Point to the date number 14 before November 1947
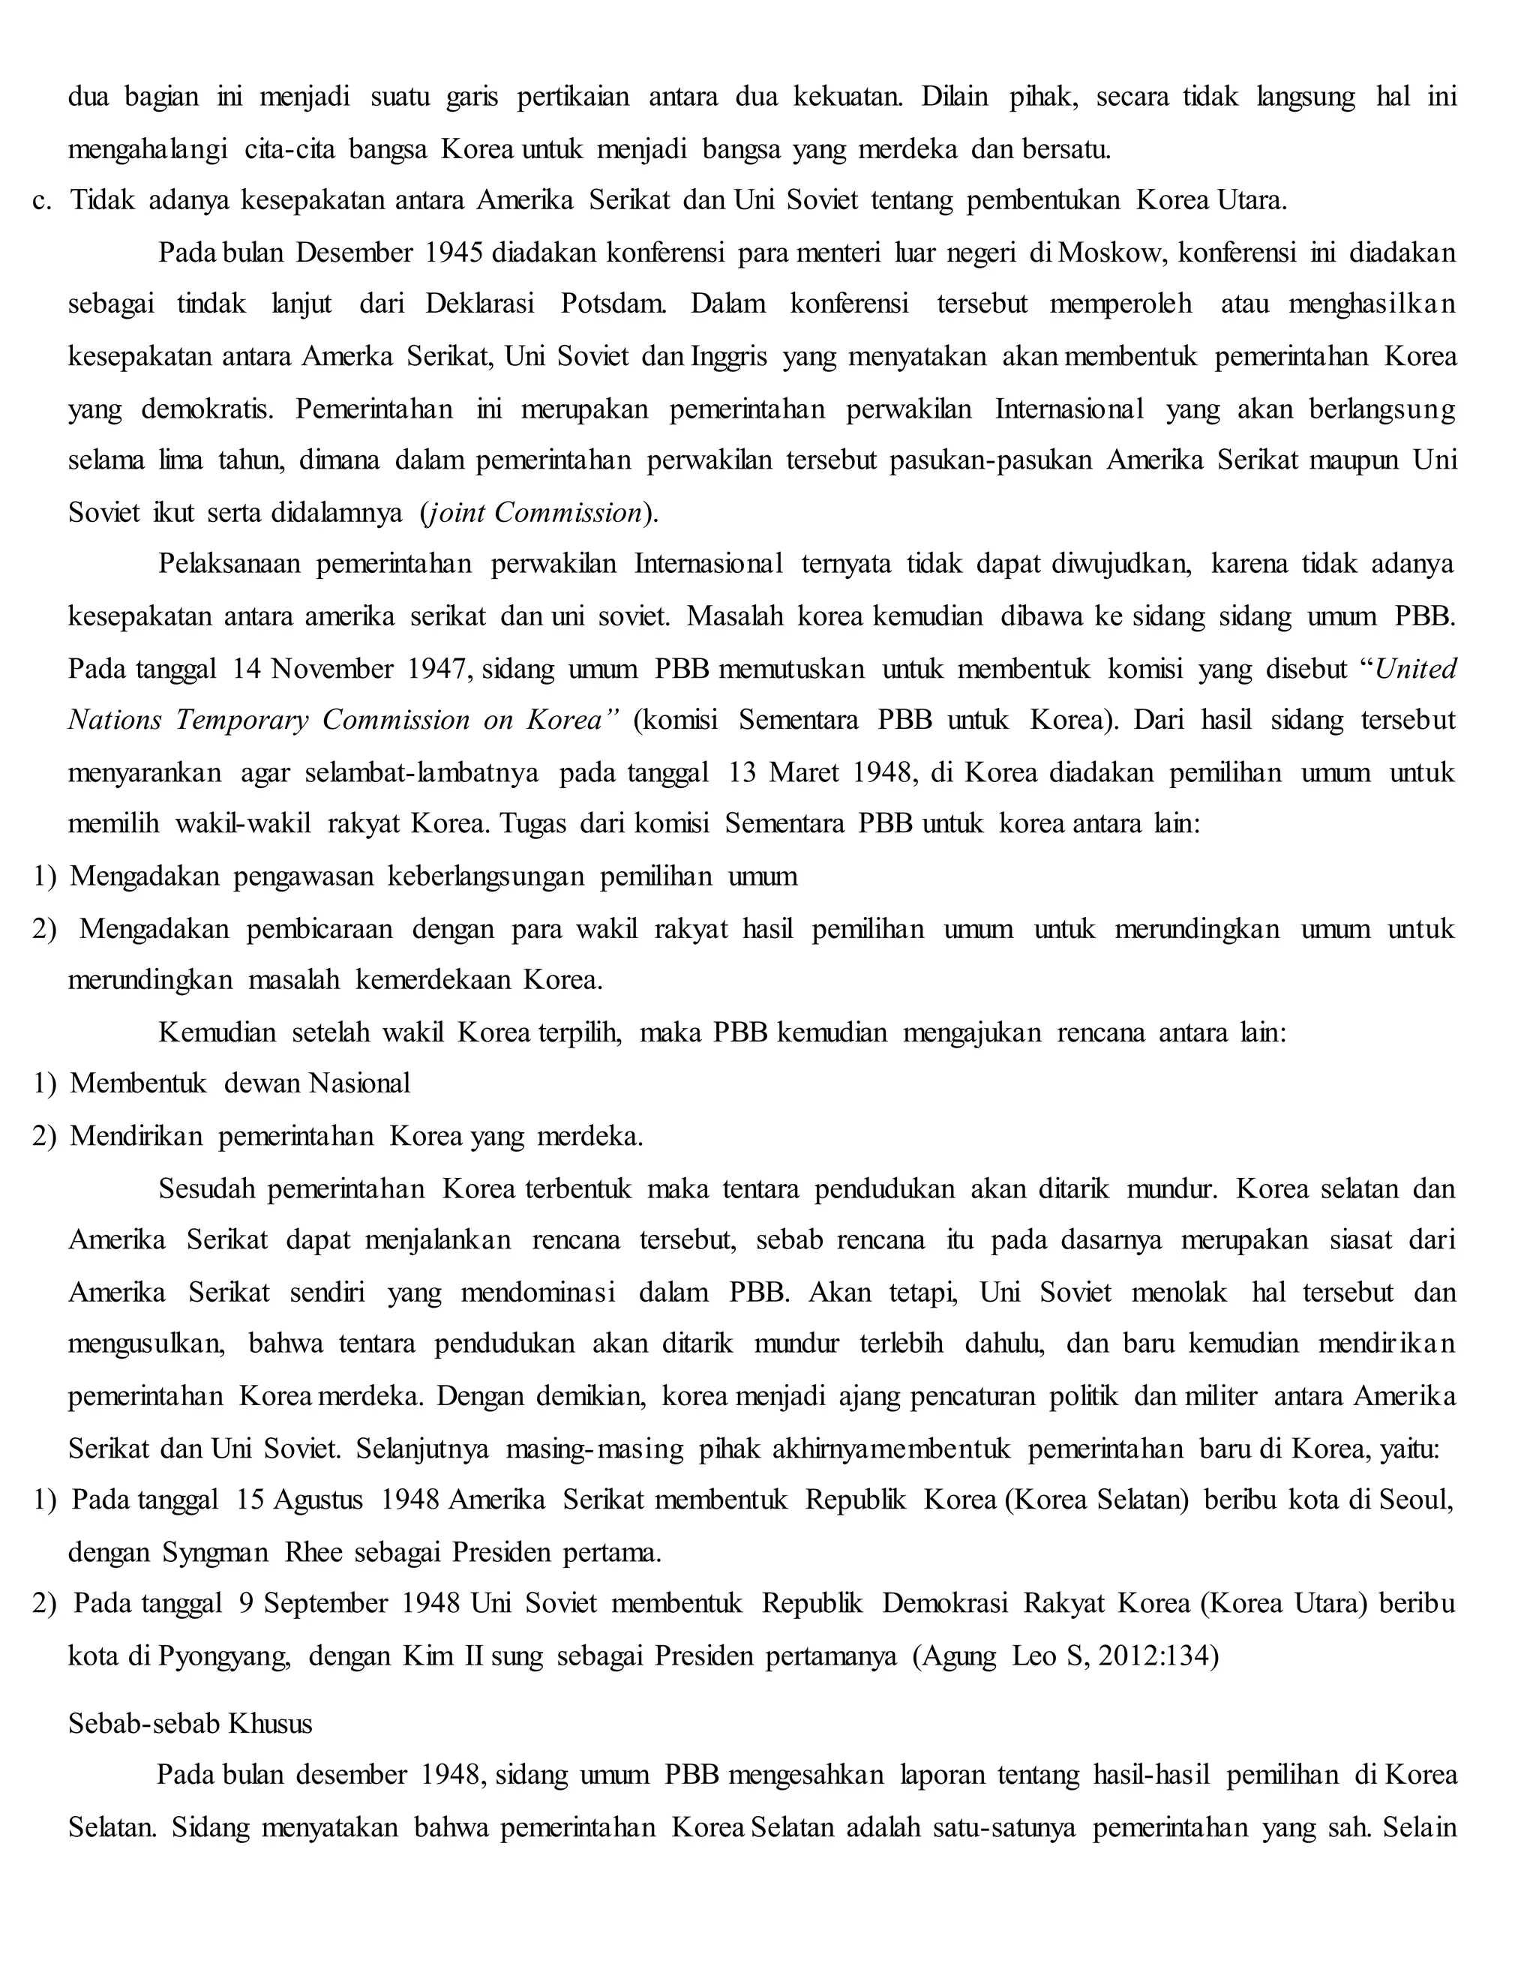click(x=246, y=670)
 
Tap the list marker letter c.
click(x=41, y=200)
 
